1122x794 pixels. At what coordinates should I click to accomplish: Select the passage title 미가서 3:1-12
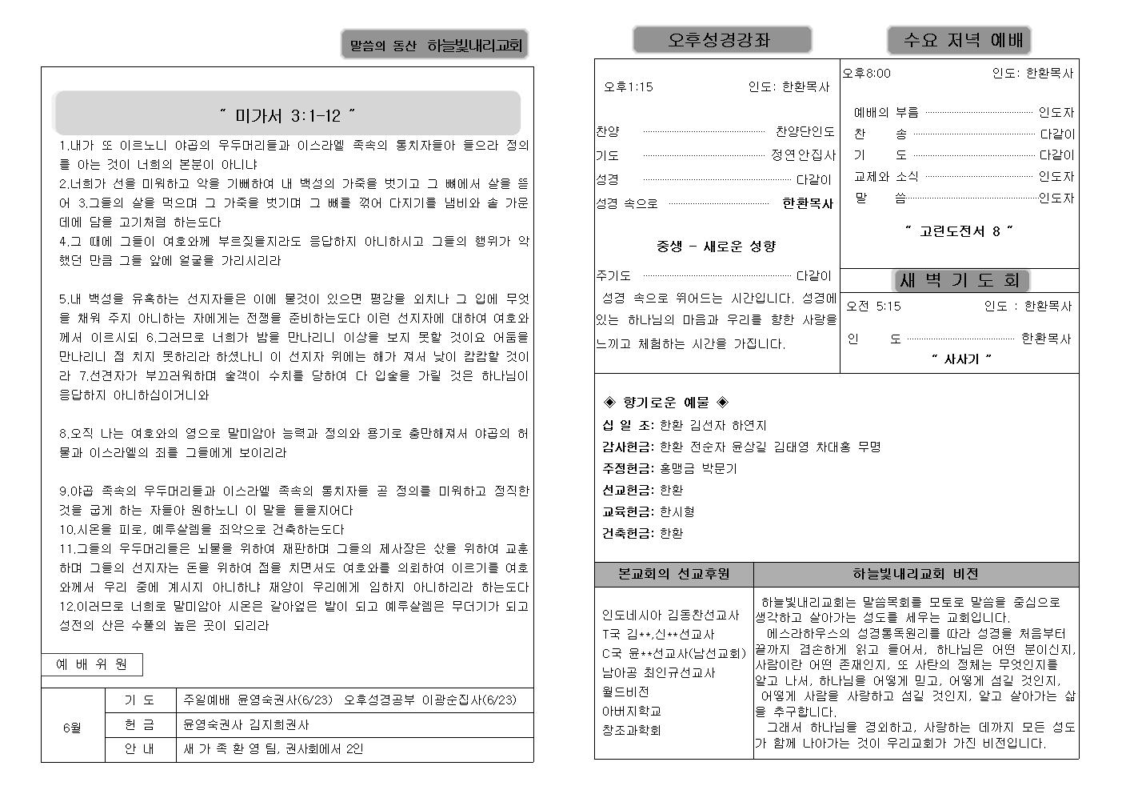tap(287, 115)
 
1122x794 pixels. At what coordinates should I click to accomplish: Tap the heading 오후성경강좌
tap(721, 40)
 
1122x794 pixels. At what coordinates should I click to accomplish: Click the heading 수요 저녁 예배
tap(958, 40)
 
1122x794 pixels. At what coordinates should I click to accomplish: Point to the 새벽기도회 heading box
tap(959, 280)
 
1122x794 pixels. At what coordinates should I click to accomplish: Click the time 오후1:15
tap(629, 87)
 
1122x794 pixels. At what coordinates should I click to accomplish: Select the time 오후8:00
tap(867, 74)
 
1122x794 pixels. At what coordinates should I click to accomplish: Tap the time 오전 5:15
tap(873, 306)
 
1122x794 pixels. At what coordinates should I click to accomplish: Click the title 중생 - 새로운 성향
tap(716, 246)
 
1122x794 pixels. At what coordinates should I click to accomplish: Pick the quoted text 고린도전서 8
tap(959, 231)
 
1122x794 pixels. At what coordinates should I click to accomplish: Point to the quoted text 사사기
tap(960, 359)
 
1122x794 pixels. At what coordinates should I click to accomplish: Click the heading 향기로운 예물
tap(665, 402)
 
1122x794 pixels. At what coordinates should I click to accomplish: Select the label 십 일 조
tap(627, 425)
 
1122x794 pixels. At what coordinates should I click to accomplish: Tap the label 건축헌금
tap(628, 533)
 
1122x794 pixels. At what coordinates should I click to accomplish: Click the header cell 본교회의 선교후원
tap(673, 574)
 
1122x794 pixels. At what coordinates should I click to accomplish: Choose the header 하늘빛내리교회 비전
tap(915, 574)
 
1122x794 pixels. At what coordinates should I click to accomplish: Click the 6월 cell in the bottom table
tap(72, 728)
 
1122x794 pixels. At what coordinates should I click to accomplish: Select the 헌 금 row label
tap(140, 724)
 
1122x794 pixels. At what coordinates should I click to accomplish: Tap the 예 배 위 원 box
tap(92, 664)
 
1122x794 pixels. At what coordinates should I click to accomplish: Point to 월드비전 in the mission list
tap(625, 692)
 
